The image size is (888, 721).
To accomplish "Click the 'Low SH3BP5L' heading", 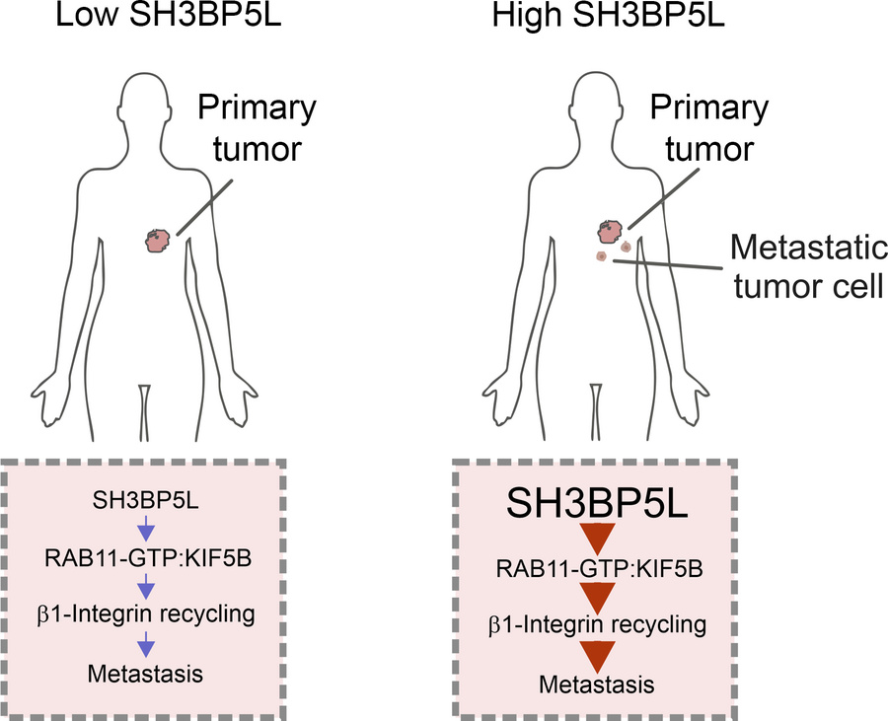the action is (168, 16).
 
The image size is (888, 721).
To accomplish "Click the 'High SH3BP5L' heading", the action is (608, 16).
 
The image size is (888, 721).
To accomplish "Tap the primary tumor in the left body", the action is (158, 241).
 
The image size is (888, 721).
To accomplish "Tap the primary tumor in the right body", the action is (611, 232).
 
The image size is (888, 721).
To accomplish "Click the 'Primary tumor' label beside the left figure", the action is (258, 128).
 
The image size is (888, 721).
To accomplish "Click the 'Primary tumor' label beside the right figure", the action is (709, 128).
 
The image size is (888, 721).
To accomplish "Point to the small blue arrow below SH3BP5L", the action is (146, 529).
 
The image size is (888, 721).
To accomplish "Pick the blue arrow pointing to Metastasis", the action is (146, 644).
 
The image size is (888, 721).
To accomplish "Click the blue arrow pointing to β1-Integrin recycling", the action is (146, 586).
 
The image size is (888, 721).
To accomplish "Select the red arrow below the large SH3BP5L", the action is (598, 539).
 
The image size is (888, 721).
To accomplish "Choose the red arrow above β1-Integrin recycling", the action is (598, 598).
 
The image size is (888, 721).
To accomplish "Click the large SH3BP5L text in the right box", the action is (597, 503).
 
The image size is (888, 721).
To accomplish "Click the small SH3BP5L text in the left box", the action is (146, 501).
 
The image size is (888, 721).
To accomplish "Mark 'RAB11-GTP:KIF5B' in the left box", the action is (148, 558).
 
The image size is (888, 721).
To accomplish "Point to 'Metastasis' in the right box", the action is (596, 685).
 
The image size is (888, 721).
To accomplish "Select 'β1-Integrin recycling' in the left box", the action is (146, 614).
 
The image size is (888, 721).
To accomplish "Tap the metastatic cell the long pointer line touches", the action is (602, 256).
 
